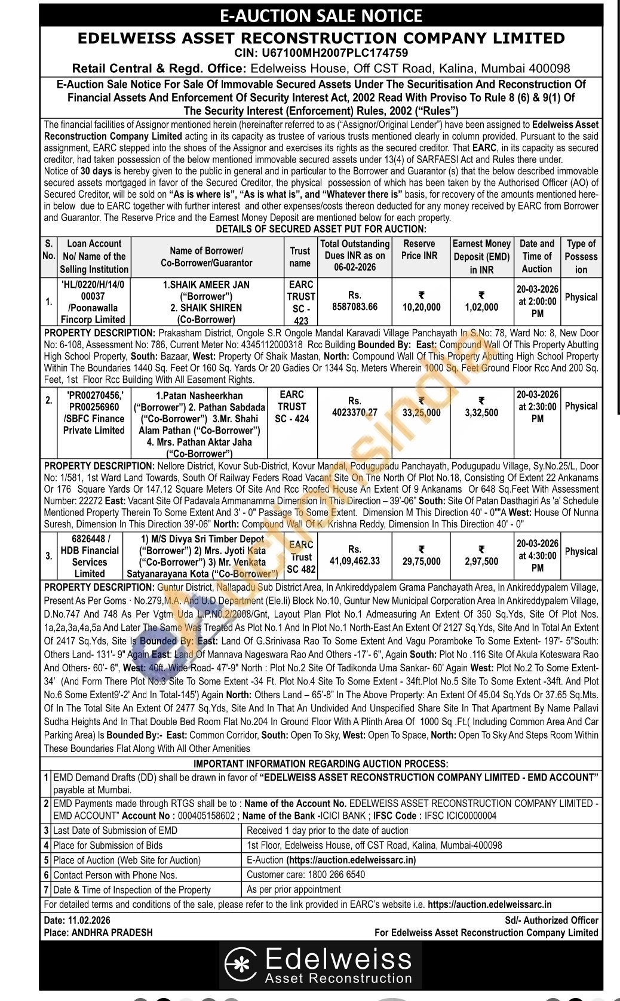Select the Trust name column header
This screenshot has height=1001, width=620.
pos(300,257)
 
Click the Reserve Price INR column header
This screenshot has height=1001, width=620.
pos(419,250)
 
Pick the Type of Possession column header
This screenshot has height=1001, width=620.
pos(581,256)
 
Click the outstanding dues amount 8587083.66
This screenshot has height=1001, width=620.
pos(355,307)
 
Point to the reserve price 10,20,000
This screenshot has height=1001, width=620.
pos(422,307)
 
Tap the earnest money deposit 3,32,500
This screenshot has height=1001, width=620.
pos(481,413)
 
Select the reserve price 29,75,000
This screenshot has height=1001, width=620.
pos(421,561)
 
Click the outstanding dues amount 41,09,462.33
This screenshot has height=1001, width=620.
pos(355,561)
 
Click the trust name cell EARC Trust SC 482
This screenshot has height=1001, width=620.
pos(301,557)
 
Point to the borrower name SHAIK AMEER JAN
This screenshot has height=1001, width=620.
pos(206,284)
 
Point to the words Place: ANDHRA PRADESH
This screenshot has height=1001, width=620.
pos(98,932)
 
